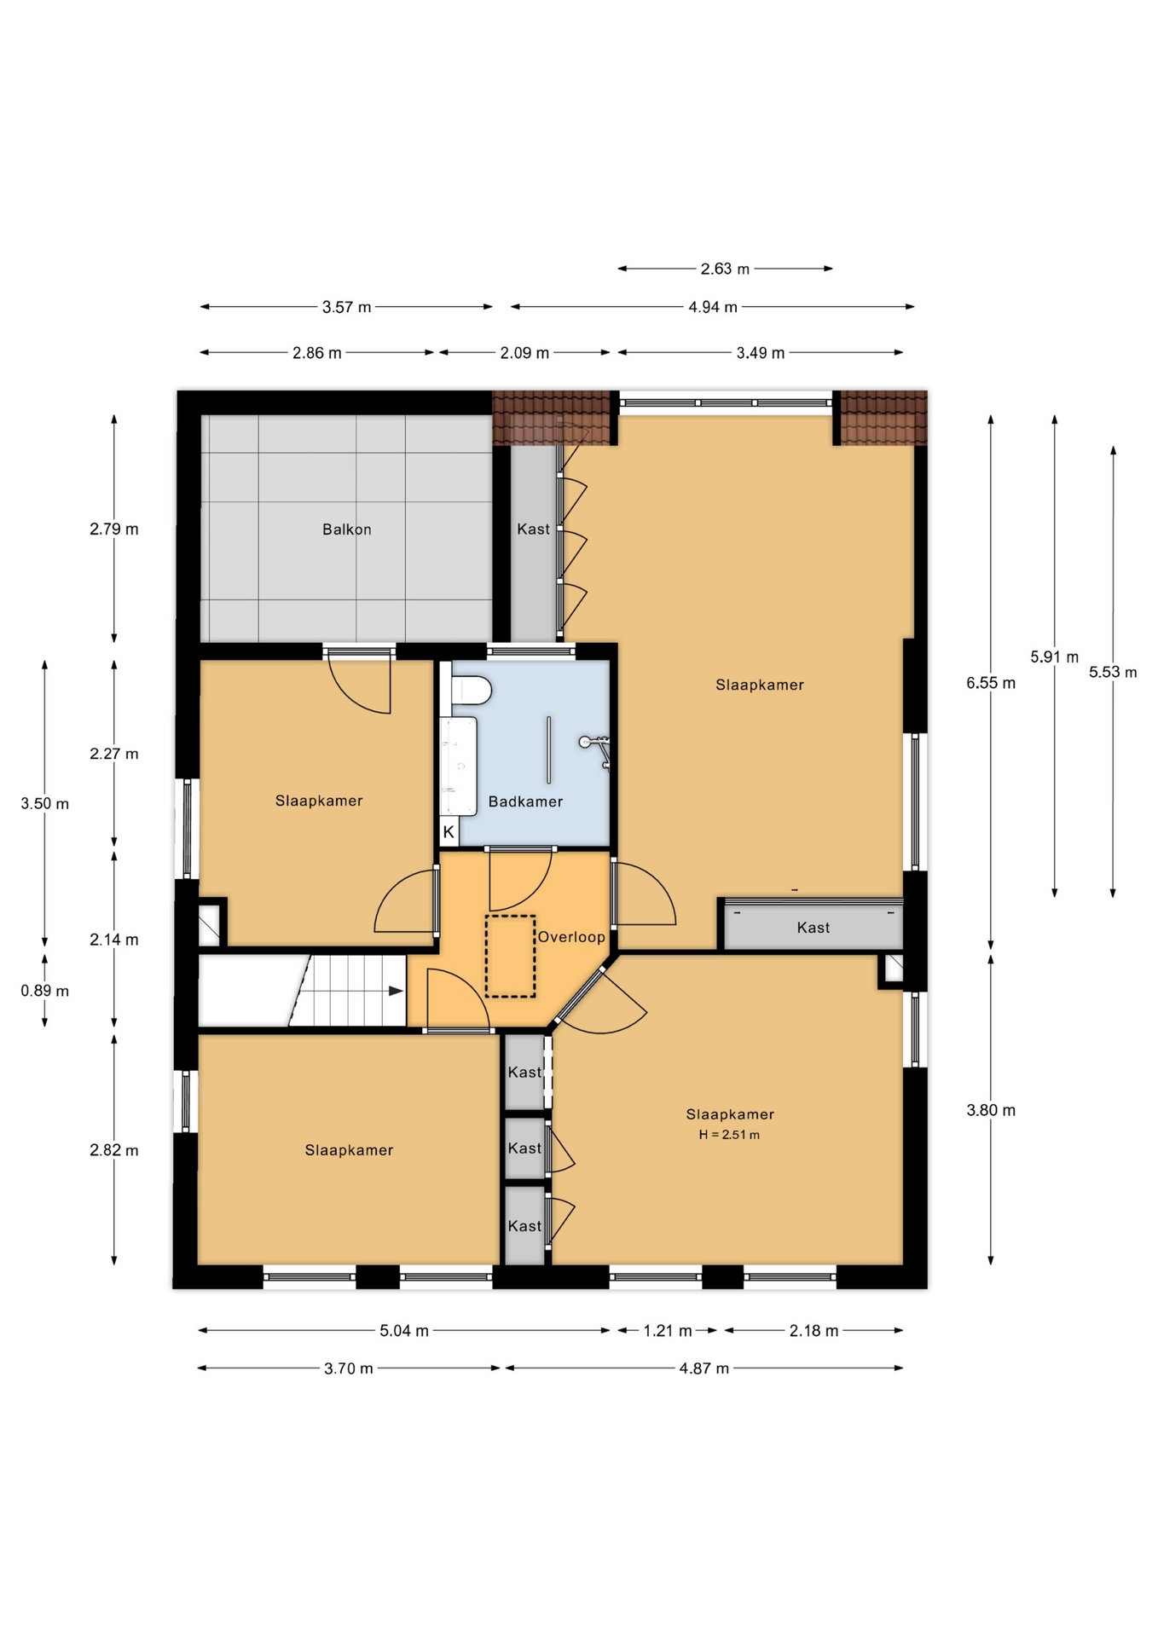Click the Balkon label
tap(346, 529)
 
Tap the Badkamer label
tap(525, 801)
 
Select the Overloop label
tap(571, 937)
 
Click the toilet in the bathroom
tap(471, 690)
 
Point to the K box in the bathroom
tap(449, 831)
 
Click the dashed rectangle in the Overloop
tap(511, 957)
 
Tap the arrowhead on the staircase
tap(396, 991)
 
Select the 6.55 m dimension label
tap(991, 683)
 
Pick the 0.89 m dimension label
tap(45, 991)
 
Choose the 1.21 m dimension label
tap(668, 1330)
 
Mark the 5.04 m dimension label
tap(404, 1330)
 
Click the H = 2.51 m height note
tap(729, 1135)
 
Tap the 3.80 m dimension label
tap(991, 1110)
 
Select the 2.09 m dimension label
tap(524, 353)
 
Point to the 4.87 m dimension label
tap(704, 1368)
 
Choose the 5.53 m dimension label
tap(1113, 672)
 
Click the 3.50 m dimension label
tap(45, 803)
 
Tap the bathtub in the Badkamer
tap(458, 766)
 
